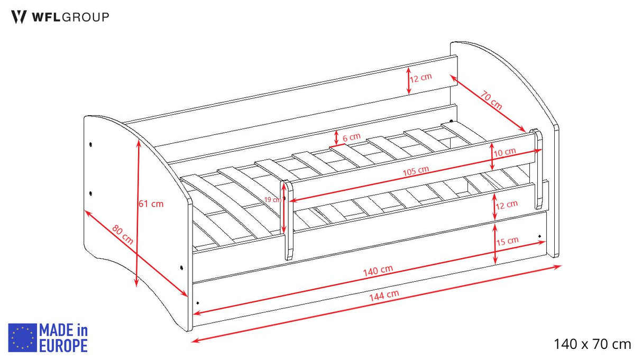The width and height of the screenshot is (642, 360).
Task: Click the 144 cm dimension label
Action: coord(384,296)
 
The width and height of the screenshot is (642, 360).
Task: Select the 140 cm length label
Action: coord(378,270)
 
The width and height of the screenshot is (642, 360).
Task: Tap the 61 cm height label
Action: coord(151,204)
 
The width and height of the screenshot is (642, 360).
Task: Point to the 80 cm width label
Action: coord(123,235)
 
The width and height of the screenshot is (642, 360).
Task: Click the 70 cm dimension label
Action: coord(491,100)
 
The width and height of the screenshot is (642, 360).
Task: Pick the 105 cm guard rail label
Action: coord(416,171)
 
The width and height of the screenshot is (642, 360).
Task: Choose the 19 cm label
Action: coord(272,199)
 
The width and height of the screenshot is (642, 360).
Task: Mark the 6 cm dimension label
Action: coord(352,137)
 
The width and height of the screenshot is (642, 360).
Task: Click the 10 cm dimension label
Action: coord(505,152)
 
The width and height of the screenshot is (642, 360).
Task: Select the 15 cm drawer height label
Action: coord(507,241)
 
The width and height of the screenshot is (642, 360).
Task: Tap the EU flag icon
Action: coord(22,338)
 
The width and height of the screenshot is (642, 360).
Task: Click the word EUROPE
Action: coord(63,345)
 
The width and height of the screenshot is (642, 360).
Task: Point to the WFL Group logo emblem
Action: coord(19,17)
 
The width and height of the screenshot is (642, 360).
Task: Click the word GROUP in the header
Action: coord(86,17)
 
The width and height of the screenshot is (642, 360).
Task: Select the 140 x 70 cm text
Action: coord(592,344)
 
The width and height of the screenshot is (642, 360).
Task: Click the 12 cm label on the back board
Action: coord(421,78)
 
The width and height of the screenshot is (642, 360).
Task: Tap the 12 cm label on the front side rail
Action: coord(507,205)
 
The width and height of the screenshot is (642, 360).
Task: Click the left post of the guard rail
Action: coord(288,220)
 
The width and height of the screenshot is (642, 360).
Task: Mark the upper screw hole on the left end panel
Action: coord(91,144)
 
